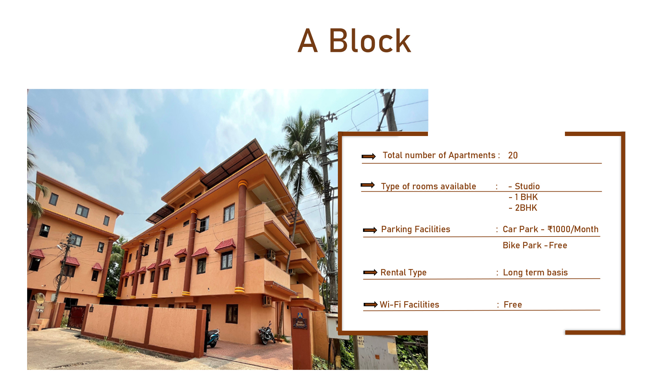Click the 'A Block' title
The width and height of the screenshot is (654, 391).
(x=354, y=41)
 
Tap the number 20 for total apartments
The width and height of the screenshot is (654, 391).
(x=513, y=155)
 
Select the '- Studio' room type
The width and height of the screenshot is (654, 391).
(x=524, y=186)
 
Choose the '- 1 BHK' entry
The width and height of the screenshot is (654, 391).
(x=523, y=197)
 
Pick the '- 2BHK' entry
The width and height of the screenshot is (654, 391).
(x=523, y=208)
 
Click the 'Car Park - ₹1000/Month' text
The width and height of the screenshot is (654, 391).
(x=551, y=229)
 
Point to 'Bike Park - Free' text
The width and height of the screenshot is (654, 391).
(x=535, y=245)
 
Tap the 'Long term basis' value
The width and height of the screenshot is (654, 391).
(x=535, y=272)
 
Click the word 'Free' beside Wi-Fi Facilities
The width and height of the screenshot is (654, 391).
(x=513, y=305)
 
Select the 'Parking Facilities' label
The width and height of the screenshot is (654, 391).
(x=416, y=229)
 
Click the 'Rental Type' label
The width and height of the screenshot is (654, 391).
(x=404, y=272)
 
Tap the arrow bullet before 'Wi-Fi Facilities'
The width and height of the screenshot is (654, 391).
(x=371, y=304)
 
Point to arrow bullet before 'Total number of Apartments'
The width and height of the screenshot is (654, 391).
(x=369, y=156)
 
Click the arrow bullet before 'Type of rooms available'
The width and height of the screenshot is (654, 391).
(x=368, y=185)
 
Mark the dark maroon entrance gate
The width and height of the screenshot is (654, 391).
(x=77, y=317)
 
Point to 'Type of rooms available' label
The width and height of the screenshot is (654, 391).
(x=428, y=186)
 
